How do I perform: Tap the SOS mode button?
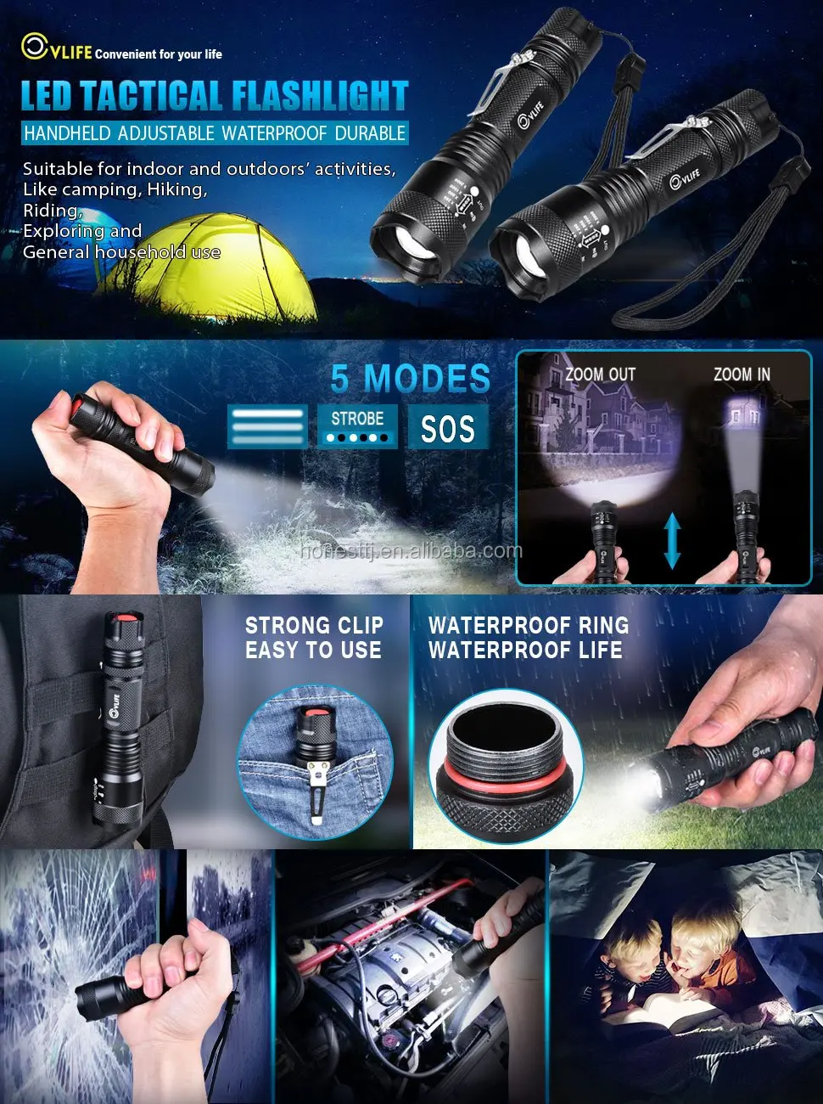pos(447,428)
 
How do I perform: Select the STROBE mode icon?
pos(357,425)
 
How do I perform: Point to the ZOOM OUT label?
pos(600,375)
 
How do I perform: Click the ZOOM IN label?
pos(742,375)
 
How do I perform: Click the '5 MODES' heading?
pos(411,379)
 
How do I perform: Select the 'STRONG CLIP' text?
pos(314,626)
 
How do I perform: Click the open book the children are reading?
pos(670,1015)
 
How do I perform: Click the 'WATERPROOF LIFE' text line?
pos(525,651)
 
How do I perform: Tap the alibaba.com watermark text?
pos(411,551)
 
